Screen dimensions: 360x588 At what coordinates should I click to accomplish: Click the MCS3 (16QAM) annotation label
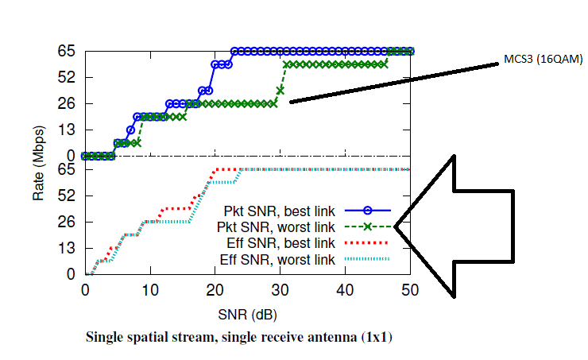tap(536, 59)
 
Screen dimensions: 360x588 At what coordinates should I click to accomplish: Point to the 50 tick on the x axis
tap(410, 291)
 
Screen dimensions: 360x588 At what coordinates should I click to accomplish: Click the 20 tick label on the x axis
tap(215, 291)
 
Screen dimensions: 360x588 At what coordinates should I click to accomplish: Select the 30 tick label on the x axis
tap(280, 291)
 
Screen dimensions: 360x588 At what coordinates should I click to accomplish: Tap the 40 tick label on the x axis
tap(345, 291)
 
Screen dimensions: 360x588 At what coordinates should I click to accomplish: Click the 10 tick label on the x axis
tap(149, 291)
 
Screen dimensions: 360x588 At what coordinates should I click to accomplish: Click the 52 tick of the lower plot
tap(67, 195)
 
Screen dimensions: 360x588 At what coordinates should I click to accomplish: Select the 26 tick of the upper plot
tap(67, 103)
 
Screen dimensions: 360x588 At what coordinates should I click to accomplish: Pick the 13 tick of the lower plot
tap(67, 248)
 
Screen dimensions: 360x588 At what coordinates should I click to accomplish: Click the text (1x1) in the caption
tap(374, 337)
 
